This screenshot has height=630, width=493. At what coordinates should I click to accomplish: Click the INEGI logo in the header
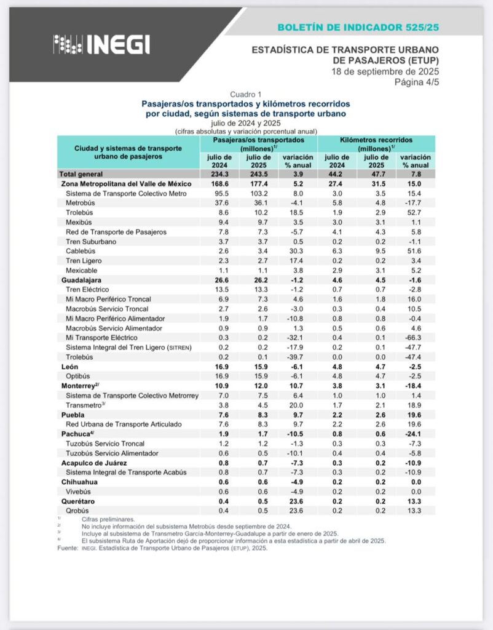[x=101, y=44]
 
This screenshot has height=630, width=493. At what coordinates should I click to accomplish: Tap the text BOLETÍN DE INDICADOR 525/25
[x=358, y=28]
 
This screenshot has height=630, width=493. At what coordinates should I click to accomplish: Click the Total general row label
[x=81, y=174]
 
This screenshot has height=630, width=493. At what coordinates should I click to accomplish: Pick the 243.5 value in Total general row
[x=258, y=174]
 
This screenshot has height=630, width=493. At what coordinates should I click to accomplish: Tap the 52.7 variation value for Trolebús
[x=415, y=213]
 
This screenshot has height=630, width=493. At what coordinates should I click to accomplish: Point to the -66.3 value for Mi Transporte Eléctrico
[x=415, y=337]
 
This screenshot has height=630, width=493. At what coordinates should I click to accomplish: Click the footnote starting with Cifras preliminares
[x=108, y=520]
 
